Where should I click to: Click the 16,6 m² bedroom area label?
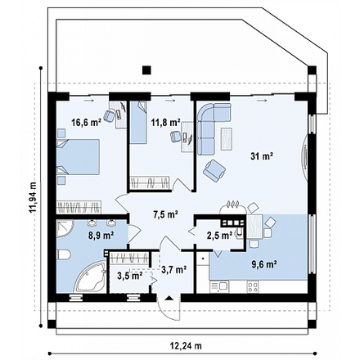click(86, 123)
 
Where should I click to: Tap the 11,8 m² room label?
click(166, 123)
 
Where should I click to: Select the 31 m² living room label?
click(262, 156)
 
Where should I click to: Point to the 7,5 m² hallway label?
click(165, 214)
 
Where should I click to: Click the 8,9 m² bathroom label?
click(101, 235)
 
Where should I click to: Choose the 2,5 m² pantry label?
click(219, 236)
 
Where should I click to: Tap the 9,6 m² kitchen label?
click(264, 264)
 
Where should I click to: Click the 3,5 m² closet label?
click(129, 276)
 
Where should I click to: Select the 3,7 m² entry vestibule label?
click(174, 270)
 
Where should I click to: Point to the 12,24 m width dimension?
click(186, 346)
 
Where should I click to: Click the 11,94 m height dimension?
click(33, 197)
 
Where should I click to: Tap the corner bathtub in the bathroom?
click(90, 277)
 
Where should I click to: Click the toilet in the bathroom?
click(64, 254)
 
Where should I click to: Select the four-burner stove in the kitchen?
click(253, 286)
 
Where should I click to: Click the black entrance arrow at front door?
click(169, 298)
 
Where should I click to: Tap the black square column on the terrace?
click(146, 70)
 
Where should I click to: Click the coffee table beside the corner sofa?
click(227, 139)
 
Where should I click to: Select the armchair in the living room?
click(214, 170)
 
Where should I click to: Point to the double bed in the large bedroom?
click(78, 156)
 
